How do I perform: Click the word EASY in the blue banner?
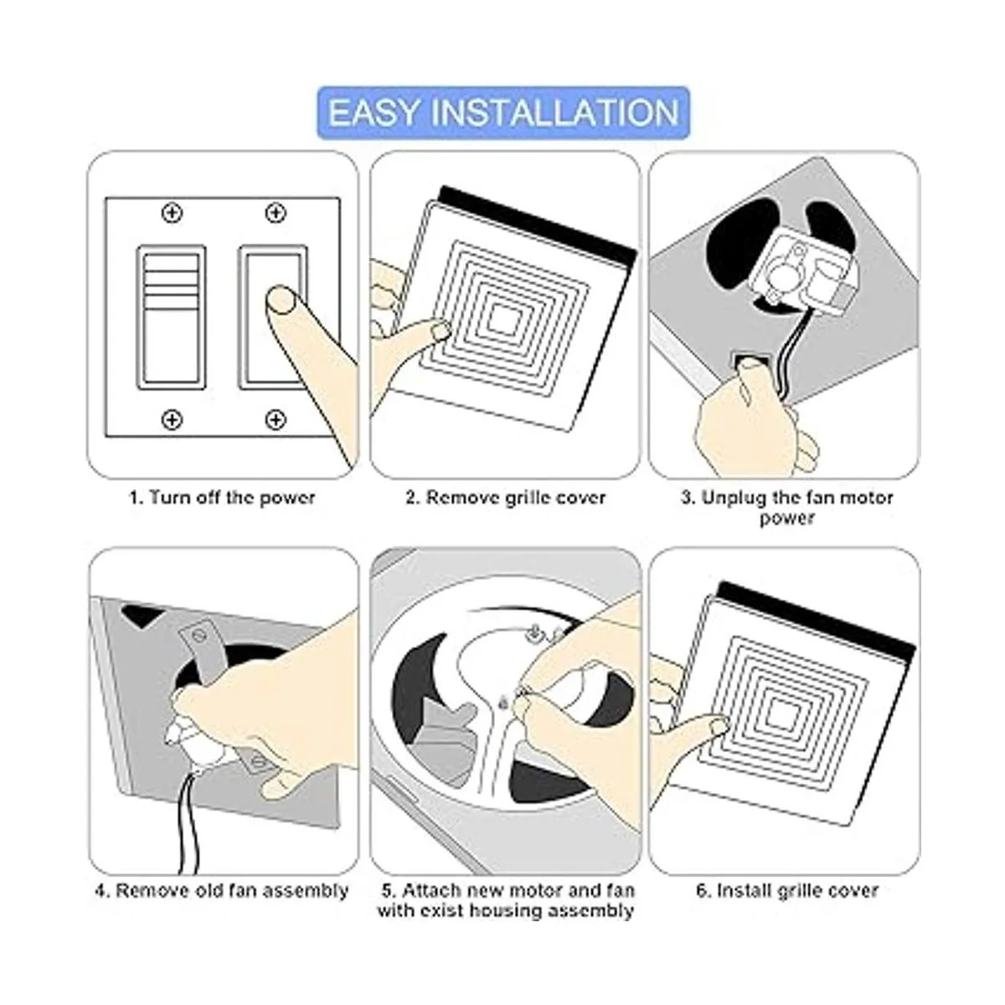click(374, 113)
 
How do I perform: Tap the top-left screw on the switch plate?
click(173, 213)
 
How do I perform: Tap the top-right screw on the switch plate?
click(276, 213)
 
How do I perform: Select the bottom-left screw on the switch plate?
click(173, 420)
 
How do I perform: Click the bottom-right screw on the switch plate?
click(276, 420)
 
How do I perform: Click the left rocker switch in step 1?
click(171, 317)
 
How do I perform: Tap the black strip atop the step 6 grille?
click(817, 621)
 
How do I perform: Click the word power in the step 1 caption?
click(287, 498)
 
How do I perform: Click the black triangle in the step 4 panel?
click(141, 615)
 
